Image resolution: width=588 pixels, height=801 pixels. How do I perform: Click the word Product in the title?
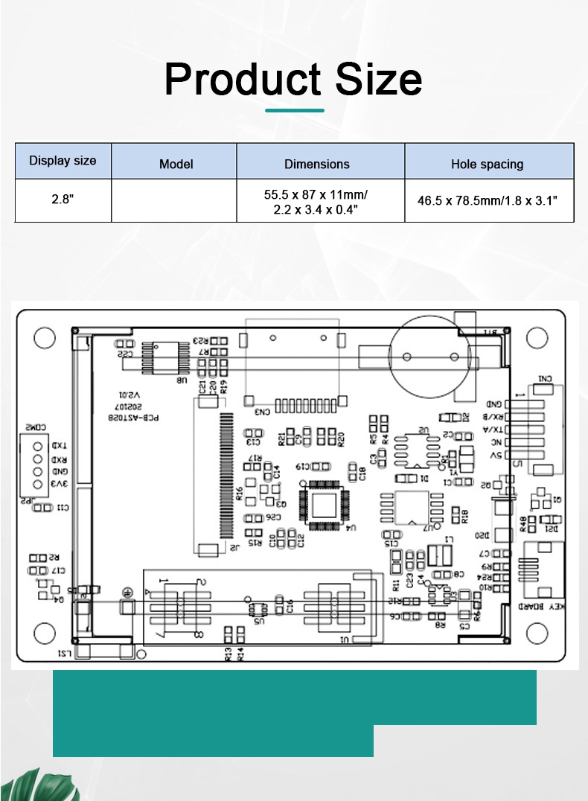tap(243, 79)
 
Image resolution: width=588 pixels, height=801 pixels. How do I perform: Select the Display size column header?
tap(63, 161)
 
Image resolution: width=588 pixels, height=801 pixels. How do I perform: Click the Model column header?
tap(176, 164)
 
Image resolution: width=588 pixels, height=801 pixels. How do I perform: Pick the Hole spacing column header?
tap(487, 164)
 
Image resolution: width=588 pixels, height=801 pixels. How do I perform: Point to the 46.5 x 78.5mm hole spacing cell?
tap(487, 201)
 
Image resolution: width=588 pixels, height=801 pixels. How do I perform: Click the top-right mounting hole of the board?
tap(536, 338)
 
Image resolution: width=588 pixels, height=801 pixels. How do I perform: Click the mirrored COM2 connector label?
tap(34, 428)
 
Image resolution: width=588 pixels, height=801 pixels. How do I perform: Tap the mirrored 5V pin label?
tap(496, 455)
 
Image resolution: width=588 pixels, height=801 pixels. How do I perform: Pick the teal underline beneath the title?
tap(295, 110)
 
